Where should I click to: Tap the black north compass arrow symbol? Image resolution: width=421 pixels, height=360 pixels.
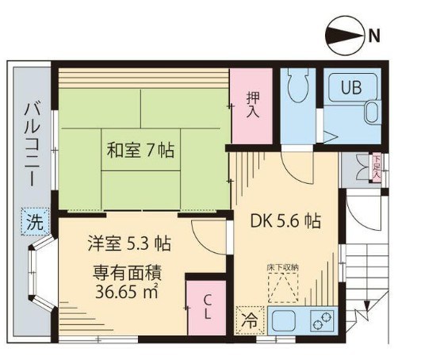point(343,34)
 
